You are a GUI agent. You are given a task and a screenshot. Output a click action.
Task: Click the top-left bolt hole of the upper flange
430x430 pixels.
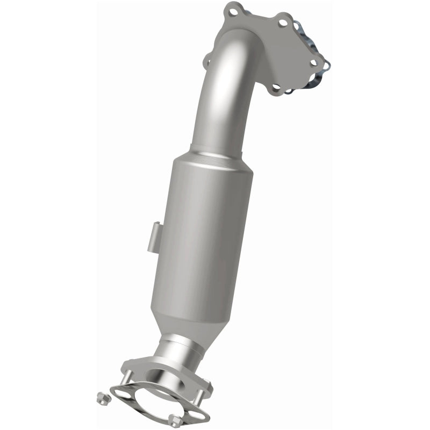click(232, 9)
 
